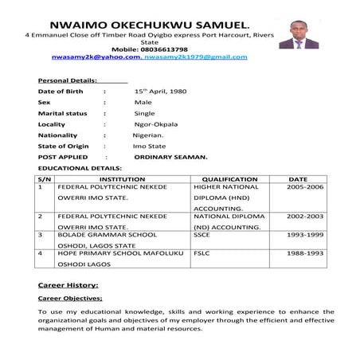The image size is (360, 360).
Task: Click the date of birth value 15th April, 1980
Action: pyautogui.click(x=160, y=92)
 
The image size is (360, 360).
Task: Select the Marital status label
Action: pyautogui.click(x=63, y=113)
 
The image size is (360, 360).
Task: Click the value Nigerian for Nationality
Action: pyautogui.click(x=152, y=135)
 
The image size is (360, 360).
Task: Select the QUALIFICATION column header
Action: pyautogui.click(x=229, y=179)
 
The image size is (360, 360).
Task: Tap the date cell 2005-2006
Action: pyautogui.click(x=306, y=187)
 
